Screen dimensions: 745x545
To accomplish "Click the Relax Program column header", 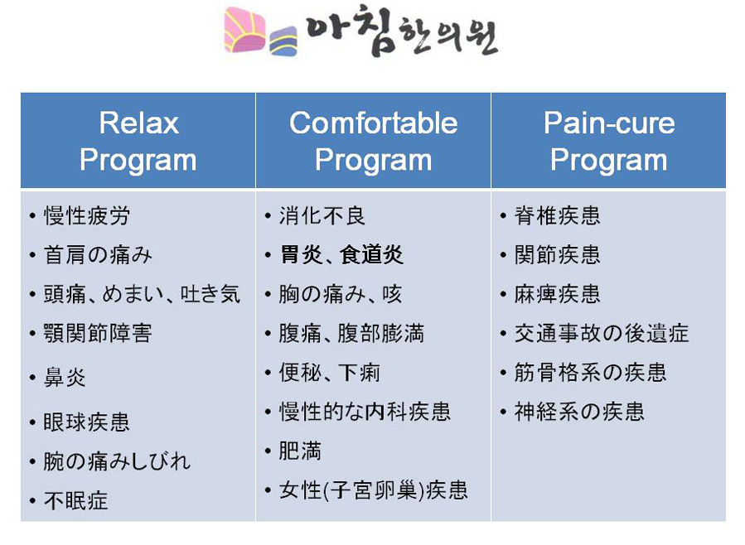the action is (138, 141).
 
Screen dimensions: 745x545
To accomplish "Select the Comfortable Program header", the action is (374, 141).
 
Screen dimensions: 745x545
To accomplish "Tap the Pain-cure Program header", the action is (609, 141).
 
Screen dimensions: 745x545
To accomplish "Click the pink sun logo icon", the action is (244, 30).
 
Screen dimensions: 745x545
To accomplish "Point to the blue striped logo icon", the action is (283, 41).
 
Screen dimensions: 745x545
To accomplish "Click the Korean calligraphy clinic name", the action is (401, 31).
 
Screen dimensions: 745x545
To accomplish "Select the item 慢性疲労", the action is (86, 215).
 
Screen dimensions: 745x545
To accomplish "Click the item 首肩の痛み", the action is (98, 255).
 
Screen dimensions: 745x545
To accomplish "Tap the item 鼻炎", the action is (65, 378).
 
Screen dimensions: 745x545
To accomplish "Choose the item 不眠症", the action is (75, 500).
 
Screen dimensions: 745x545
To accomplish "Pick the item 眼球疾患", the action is (86, 422).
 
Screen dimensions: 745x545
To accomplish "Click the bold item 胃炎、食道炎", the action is (341, 255).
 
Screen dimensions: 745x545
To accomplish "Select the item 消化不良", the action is (322, 215).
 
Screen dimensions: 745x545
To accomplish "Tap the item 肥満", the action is (300, 451).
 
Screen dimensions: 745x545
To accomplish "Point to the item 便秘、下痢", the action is (329, 372).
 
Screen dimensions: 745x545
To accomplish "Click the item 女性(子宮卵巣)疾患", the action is (374, 490).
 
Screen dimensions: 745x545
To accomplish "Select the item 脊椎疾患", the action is (558, 215).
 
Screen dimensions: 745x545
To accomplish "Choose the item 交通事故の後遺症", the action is (602, 333).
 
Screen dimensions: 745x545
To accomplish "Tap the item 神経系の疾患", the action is (579, 411).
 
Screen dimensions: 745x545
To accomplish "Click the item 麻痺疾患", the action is (558, 294).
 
